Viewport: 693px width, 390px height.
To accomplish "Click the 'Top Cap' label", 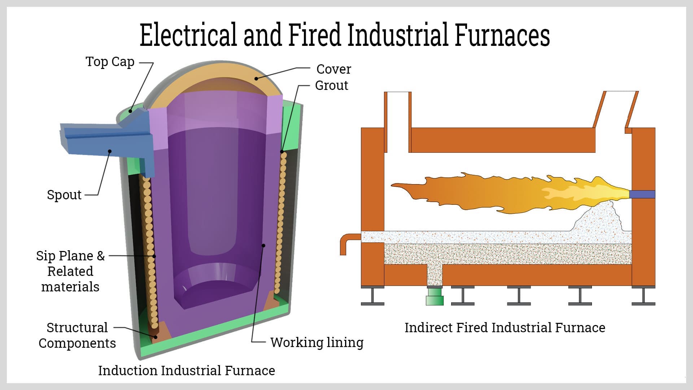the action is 110,62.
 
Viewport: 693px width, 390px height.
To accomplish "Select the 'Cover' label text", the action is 334,69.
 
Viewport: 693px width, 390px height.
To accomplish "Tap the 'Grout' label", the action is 331,85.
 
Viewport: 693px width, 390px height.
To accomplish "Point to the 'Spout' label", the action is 64,195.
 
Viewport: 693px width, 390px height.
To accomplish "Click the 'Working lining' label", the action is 317,342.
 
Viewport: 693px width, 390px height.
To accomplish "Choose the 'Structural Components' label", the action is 77,335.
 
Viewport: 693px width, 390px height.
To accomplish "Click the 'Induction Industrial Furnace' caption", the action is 187,370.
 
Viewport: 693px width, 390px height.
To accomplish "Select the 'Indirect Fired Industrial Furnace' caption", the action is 505,328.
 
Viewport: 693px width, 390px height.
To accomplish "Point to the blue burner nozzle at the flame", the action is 642,194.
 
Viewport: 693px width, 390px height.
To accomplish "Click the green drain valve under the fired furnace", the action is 435,296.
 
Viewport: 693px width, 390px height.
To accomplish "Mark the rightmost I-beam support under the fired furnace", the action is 643,296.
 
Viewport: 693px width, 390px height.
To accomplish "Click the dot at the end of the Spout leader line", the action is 110,151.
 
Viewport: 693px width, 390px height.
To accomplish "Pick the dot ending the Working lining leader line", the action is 263,246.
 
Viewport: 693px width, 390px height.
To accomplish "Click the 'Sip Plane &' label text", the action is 70,256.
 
